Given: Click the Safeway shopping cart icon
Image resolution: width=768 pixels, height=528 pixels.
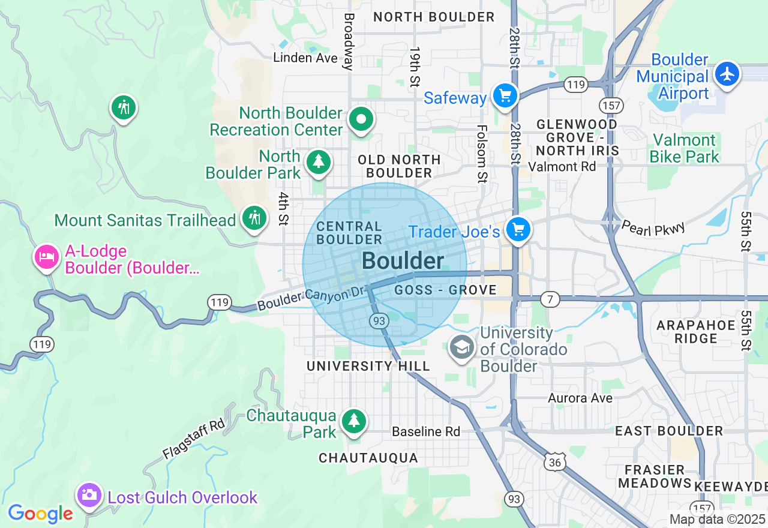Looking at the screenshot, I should [505, 95].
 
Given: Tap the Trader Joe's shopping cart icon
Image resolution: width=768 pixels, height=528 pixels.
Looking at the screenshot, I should [518, 229].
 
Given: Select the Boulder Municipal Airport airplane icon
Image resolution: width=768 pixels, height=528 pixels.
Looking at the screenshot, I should [728, 74].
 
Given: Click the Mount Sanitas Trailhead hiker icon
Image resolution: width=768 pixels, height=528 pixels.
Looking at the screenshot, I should [254, 218].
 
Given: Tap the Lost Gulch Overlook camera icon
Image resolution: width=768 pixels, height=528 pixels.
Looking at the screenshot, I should [89, 495].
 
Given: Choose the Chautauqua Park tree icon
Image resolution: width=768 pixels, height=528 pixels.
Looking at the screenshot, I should [354, 421].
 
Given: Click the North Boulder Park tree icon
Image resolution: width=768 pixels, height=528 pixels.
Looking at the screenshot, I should [318, 162].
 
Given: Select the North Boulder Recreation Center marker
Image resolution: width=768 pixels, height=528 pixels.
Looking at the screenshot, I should [361, 119].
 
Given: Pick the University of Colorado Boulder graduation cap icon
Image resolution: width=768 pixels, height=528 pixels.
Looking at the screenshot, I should [462, 347].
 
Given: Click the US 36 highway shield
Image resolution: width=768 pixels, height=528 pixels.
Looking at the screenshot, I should [554, 461].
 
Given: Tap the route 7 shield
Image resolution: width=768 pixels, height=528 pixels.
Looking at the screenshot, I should [550, 298].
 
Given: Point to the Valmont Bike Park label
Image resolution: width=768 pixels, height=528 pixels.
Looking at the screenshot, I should [685, 149].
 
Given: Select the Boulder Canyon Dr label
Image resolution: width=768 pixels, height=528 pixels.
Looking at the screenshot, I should [311, 298].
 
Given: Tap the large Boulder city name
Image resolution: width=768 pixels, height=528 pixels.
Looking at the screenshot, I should [403, 261].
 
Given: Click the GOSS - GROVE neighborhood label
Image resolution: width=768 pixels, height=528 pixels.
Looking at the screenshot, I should [446, 290].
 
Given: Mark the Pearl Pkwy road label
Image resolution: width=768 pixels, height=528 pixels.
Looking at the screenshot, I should [653, 227].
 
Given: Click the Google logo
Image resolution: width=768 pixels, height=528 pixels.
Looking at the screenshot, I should [40, 514].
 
